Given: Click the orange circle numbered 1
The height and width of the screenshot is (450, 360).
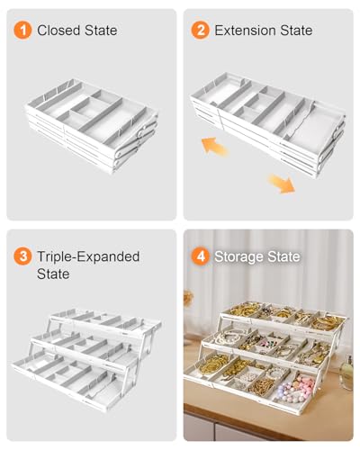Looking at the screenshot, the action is click(22, 31).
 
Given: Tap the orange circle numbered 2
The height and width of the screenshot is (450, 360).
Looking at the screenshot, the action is click(200, 31).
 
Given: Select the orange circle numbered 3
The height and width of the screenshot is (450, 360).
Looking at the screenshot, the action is click(22, 256).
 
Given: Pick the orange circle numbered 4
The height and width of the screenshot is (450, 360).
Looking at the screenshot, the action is click(200, 256).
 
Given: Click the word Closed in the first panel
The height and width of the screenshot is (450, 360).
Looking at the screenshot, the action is click(58, 31).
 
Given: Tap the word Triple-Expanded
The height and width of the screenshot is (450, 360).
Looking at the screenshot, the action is click(88, 256).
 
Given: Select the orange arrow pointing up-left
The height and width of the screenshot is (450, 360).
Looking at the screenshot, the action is click(214, 146).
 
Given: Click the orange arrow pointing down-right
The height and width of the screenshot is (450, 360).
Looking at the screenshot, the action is click(282, 184).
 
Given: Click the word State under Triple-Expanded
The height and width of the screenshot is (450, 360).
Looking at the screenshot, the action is click(53, 274).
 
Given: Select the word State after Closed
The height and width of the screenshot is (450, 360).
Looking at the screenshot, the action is click(101, 31).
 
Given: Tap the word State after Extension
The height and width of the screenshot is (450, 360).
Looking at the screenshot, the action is click(296, 31).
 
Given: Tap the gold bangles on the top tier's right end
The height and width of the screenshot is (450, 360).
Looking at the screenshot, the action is click(327, 322).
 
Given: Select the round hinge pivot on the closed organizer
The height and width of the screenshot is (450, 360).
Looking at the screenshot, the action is click(141, 132).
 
